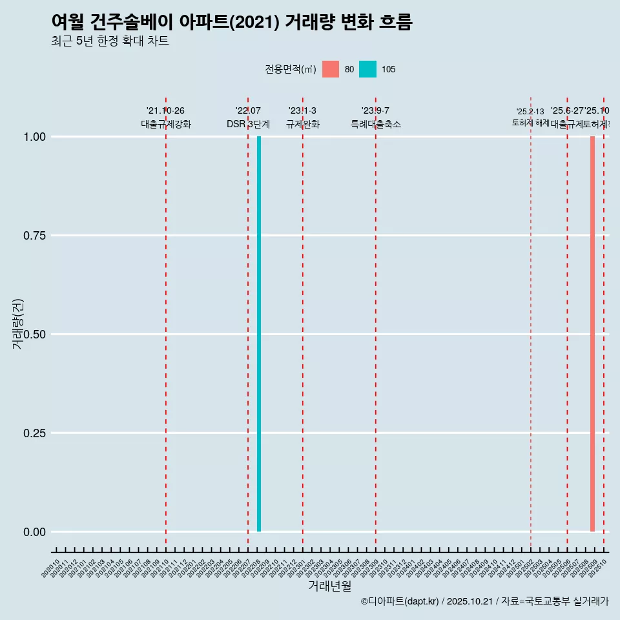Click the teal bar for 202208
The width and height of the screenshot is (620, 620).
click(x=259, y=334)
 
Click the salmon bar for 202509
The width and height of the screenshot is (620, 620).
click(x=592, y=334)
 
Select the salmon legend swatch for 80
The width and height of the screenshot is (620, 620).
click(x=331, y=69)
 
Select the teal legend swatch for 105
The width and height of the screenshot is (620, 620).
click(x=367, y=69)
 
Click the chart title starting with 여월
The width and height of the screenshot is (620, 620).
click(x=232, y=22)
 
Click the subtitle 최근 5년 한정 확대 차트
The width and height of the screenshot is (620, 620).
click(x=110, y=41)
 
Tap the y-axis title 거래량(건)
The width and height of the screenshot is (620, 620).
click(x=18, y=324)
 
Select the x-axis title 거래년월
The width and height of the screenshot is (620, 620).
click(x=329, y=586)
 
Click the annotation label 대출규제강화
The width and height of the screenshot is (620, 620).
click(x=166, y=124)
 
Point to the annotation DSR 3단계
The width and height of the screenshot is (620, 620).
click(x=248, y=124)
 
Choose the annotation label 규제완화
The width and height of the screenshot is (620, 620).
click(x=303, y=124)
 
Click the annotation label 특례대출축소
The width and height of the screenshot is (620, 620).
click(x=376, y=124)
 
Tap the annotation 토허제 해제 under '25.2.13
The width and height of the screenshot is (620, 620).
click(x=530, y=122)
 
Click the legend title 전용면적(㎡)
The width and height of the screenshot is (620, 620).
click(x=291, y=69)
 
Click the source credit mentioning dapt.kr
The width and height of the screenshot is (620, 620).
click(x=484, y=602)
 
